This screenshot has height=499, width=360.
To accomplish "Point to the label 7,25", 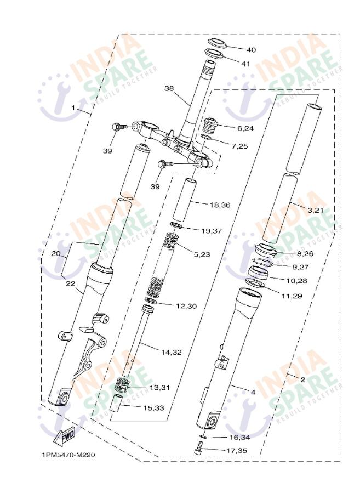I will coord(239,146).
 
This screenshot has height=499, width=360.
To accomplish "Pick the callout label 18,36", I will coord(221,205).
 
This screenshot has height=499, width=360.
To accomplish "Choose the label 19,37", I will coord(212,231).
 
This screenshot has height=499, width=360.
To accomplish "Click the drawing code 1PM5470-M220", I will coord(69,455).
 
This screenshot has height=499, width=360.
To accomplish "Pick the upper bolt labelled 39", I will coord(117,127).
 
